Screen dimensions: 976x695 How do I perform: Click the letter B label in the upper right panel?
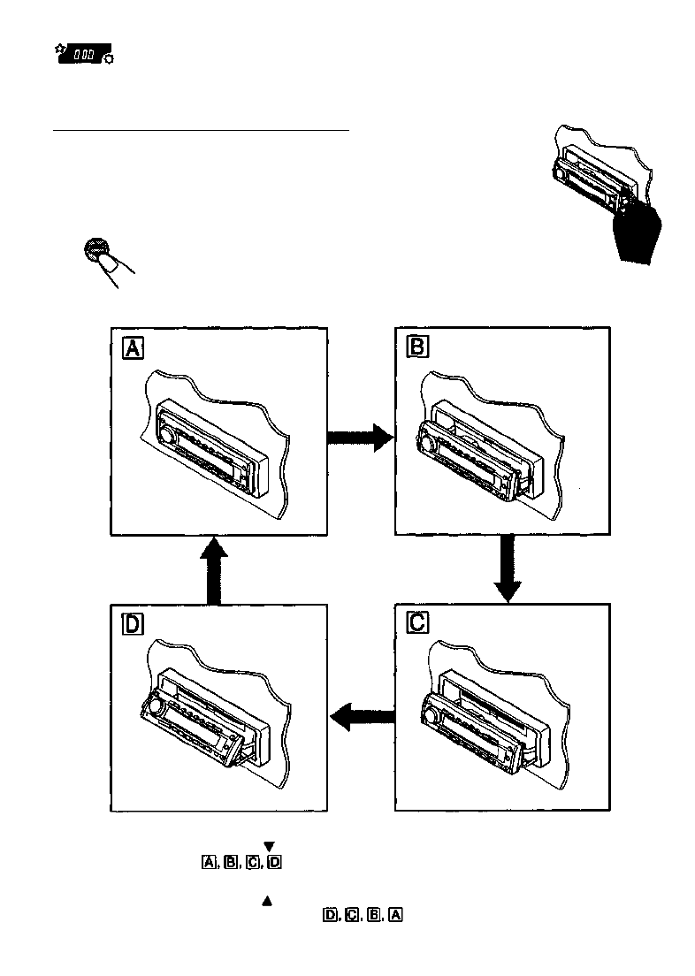click(416, 347)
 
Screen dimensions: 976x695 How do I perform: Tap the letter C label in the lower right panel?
click(417, 623)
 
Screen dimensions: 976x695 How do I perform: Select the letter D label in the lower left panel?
click(133, 623)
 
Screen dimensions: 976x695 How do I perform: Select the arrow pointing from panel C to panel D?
click(363, 713)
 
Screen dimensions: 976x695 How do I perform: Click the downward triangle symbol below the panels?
click(269, 846)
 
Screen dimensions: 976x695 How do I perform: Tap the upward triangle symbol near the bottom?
click(266, 901)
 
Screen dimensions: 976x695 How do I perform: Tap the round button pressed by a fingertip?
click(96, 251)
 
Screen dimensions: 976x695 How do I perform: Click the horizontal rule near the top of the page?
click(202, 130)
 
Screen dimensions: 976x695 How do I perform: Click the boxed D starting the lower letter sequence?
click(330, 915)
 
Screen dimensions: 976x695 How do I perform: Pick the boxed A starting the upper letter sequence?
click(209, 861)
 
